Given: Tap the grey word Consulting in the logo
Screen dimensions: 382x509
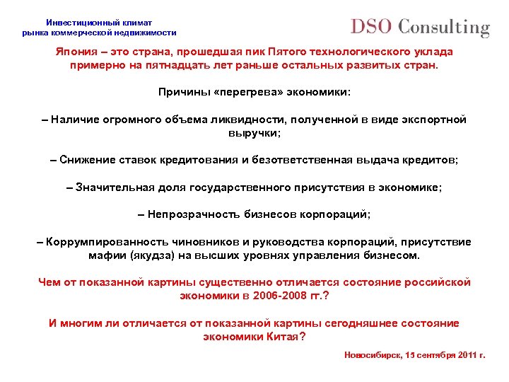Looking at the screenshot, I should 443,28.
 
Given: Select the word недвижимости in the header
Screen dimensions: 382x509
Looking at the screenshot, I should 146,33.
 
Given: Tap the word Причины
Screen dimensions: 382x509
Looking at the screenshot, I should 182,92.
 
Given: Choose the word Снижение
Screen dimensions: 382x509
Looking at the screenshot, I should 87,160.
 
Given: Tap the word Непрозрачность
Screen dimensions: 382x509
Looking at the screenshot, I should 191,214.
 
